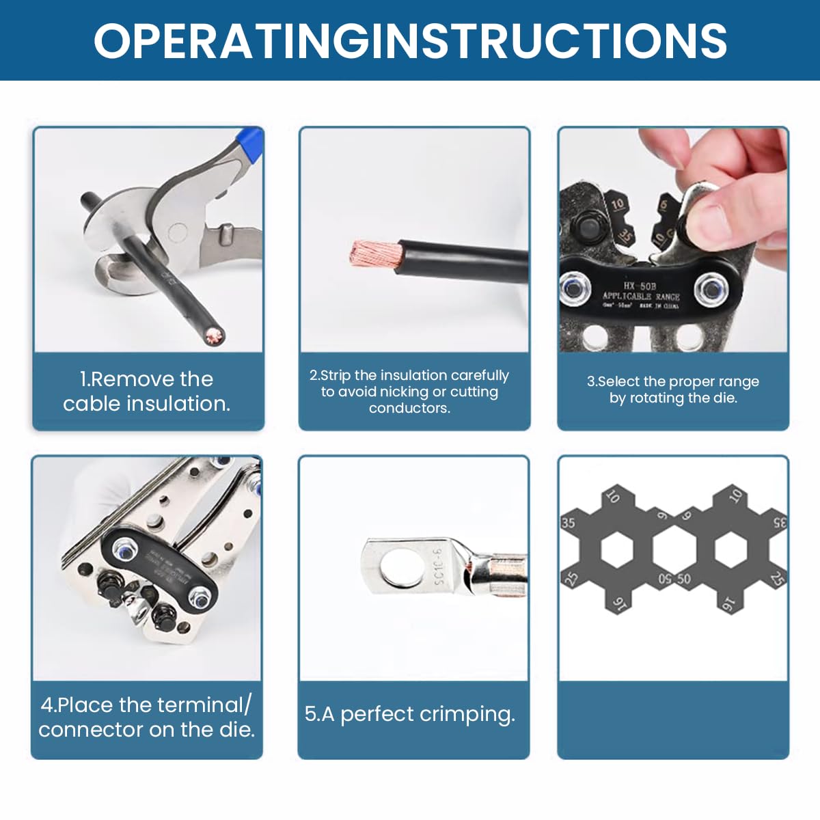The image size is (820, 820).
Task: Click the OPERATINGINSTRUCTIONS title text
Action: (410, 41)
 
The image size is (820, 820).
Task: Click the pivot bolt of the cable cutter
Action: (177, 234)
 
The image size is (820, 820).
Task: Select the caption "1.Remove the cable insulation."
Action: (147, 392)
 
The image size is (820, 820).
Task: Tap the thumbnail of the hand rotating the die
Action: (673, 239)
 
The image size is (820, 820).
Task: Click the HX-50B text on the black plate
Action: (639, 286)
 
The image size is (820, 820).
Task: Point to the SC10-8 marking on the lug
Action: (439, 566)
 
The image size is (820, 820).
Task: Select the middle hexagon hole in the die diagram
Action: (674, 549)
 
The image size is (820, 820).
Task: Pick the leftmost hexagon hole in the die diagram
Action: (617, 549)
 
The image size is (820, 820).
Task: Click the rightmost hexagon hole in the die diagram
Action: (730, 549)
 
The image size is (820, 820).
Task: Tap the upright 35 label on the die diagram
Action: (568, 523)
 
